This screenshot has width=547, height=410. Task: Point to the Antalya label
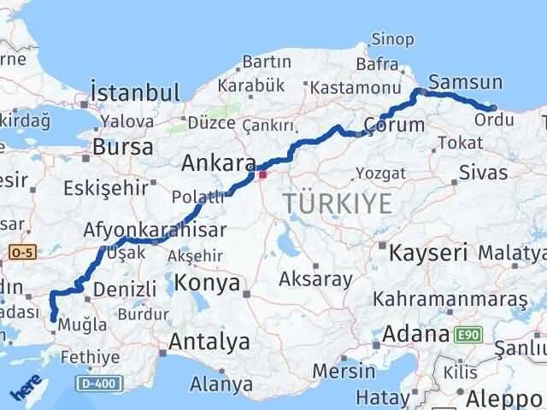[209, 343]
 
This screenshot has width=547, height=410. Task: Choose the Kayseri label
[429, 253]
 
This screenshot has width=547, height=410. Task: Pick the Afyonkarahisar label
[155, 230]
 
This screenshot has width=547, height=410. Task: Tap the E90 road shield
[468, 334]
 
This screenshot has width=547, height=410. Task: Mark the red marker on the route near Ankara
[262, 175]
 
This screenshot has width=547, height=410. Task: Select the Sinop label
[393, 39]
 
